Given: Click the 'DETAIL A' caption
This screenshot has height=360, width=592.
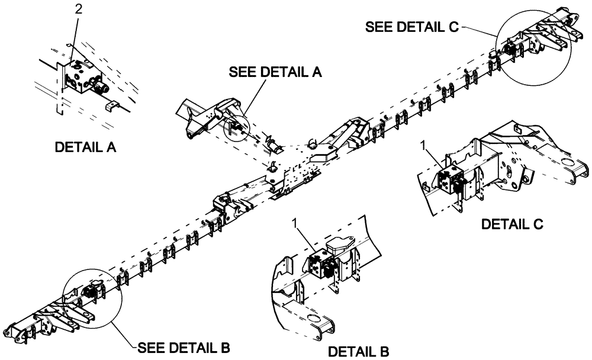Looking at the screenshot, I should click(85, 147).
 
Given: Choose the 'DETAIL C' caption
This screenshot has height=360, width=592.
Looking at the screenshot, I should click(512, 224).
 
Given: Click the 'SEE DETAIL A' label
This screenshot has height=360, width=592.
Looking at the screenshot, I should click(275, 72).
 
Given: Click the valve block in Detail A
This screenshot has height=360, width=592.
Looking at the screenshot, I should click(83, 77).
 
